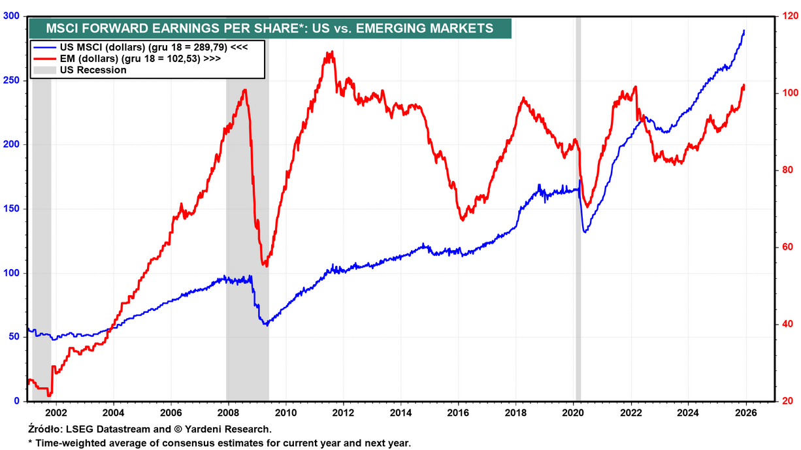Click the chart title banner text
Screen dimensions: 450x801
click(269, 28)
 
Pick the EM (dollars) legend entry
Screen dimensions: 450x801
click(139, 58)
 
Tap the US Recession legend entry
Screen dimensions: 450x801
click(93, 69)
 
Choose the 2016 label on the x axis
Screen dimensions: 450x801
click(458, 413)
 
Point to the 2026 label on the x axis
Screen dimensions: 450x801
click(745, 413)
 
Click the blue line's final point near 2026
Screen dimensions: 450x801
click(744, 31)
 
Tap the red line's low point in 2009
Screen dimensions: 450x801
click(265, 266)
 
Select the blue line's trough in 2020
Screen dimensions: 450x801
click(585, 232)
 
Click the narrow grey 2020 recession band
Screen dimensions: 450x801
click(578, 196)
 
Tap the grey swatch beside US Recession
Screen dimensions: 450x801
click(44, 69)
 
